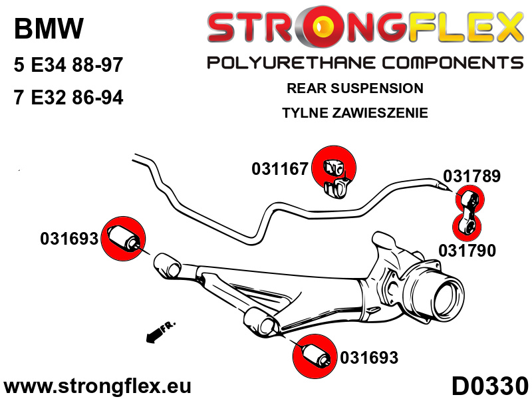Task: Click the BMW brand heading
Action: point(49,29)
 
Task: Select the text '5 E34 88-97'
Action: point(68,66)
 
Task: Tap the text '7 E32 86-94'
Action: point(68,98)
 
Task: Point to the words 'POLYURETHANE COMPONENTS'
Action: point(365,63)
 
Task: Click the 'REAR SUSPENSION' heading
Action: point(354,88)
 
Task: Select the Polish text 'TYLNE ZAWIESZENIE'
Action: point(354,112)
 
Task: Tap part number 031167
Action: point(279,170)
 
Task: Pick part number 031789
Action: point(472,176)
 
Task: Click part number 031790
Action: point(467,251)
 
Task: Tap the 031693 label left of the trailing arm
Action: point(69,238)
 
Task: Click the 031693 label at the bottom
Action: point(369,358)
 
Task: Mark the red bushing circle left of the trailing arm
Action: point(122,239)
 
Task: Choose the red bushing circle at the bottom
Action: point(315,356)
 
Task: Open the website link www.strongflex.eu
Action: point(97,386)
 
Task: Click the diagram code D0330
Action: point(489,386)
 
